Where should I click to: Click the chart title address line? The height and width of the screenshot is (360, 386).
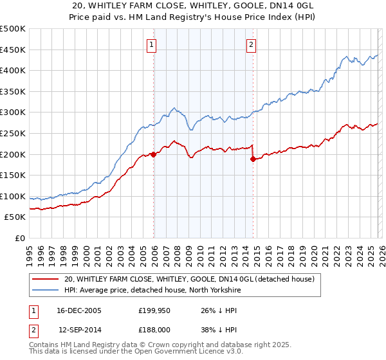[193, 6]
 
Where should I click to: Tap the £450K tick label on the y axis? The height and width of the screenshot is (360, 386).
[13, 50]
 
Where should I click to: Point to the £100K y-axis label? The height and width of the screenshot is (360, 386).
[13, 196]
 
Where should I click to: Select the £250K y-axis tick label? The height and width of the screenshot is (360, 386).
[13, 133]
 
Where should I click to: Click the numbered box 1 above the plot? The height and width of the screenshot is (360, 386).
[151, 44]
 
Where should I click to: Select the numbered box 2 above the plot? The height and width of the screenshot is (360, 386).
[250, 44]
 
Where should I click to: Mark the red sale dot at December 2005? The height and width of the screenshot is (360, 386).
[154, 154]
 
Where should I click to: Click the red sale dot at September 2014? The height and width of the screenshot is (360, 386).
[253, 159]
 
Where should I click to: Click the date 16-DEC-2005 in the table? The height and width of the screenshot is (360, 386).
[80, 310]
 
